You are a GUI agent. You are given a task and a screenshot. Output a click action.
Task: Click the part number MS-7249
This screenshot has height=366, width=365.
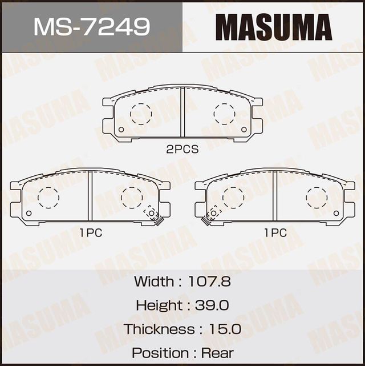(91, 26)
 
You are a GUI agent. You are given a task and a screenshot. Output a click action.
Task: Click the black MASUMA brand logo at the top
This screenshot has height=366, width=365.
(273, 26)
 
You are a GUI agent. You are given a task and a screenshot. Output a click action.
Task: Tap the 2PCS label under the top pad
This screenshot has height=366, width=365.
(182, 150)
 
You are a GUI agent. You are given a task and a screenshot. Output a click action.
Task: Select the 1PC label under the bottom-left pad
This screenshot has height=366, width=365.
(90, 233)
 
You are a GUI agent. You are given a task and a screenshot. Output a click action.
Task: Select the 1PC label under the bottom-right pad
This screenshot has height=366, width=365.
(275, 233)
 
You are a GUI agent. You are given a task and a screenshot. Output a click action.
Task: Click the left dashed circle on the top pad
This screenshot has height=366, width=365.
(141, 114)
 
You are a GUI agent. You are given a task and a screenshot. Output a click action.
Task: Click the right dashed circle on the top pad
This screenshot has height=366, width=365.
(224, 114)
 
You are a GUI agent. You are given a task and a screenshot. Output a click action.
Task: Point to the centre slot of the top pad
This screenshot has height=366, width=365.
(182, 112)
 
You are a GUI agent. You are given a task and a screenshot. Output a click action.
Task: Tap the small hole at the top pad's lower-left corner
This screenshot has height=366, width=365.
(120, 130)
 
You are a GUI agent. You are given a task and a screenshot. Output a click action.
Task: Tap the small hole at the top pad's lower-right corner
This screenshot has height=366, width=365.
(244, 130)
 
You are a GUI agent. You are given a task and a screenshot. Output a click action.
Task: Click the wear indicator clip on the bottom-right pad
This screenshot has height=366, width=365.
(212, 214)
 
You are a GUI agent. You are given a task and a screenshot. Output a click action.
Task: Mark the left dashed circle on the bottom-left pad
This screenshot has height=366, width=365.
(48, 197)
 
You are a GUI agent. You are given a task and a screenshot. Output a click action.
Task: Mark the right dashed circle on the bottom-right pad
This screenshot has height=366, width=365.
(317, 197)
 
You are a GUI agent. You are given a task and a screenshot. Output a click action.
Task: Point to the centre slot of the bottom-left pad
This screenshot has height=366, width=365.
(90, 196)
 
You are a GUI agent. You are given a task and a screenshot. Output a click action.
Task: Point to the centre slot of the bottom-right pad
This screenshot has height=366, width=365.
(275, 196)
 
